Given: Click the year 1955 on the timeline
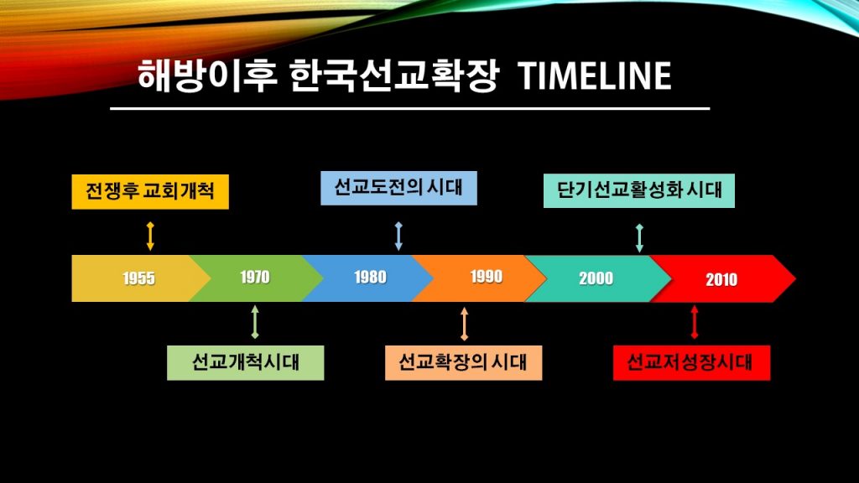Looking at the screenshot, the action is click(x=138, y=278).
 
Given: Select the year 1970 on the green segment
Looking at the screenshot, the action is click(x=255, y=277).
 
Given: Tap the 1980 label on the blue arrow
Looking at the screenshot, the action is click(x=370, y=277).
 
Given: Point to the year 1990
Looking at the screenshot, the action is click(x=487, y=277).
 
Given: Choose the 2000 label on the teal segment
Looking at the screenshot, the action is click(x=596, y=278).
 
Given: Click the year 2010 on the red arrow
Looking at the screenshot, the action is click(x=721, y=279).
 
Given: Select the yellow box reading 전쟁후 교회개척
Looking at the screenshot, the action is click(x=150, y=192).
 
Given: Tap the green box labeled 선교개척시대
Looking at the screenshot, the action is click(x=246, y=362).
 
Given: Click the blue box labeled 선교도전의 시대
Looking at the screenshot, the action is click(x=398, y=188).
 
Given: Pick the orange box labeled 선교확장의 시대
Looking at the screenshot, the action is click(x=463, y=362).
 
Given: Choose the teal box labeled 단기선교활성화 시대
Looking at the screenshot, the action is click(x=638, y=190).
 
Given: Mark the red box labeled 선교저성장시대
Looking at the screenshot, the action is click(x=691, y=362).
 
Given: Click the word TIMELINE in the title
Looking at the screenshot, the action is click(x=595, y=75).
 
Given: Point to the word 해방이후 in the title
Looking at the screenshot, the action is click(x=207, y=75).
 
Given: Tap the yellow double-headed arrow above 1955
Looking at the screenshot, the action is click(x=150, y=236).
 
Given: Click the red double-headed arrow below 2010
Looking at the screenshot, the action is click(x=695, y=322).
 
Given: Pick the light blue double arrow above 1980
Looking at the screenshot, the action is click(x=398, y=236).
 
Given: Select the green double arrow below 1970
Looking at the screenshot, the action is click(x=255, y=322).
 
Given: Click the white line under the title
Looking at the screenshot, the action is click(x=409, y=108).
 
